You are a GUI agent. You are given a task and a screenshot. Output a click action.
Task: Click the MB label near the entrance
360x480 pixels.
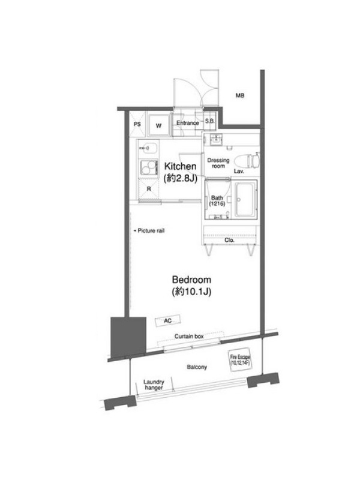pyautogui.click(x=239, y=95)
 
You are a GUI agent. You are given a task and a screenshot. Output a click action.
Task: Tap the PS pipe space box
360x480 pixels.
pyautogui.click(x=137, y=124)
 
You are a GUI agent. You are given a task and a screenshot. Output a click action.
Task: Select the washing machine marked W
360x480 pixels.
pyautogui.click(x=158, y=125)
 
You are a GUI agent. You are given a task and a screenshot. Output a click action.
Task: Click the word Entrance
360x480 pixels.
pyautogui.click(x=188, y=123)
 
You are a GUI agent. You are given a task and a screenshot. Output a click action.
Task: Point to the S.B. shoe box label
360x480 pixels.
pyautogui.click(x=209, y=121)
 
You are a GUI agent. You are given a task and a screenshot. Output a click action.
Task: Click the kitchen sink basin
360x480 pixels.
pyautogui.click(x=148, y=148)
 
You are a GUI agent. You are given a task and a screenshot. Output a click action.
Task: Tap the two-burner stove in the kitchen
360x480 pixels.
pyautogui.click(x=148, y=167)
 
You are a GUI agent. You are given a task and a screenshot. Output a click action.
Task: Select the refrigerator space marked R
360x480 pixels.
pyautogui.click(x=149, y=189)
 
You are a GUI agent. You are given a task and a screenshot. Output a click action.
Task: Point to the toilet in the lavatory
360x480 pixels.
pyautogui.click(x=247, y=160)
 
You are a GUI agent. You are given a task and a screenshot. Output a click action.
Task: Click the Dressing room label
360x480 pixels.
pyautogui.click(x=218, y=163)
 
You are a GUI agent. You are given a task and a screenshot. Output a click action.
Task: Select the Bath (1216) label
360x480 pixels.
pyautogui.click(x=217, y=200)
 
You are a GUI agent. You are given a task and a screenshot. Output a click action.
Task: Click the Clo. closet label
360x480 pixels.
pyautogui.click(x=229, y=241)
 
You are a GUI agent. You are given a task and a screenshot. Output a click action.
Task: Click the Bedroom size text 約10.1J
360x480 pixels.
pyautogui.click(x=191, y=292)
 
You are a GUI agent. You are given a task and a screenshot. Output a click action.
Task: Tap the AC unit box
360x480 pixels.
pyautogui.click(x=168, y=321)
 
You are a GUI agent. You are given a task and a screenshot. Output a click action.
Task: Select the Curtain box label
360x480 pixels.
pyautogui.click(x=189, y=336)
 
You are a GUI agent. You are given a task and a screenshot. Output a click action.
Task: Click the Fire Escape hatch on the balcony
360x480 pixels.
pyautogui.click(x=241, y=359)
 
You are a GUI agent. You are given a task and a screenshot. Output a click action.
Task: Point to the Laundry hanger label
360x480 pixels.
pyautogui.click(x=154, y=385)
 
